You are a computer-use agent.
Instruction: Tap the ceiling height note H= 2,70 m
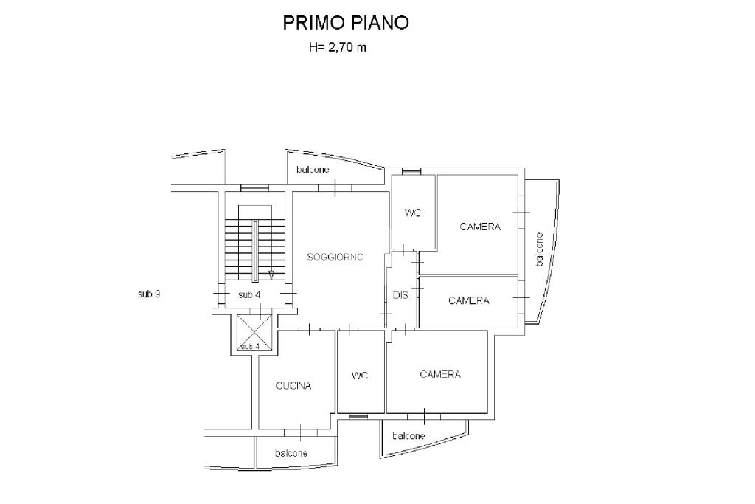(336, 49)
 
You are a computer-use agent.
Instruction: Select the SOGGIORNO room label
(335, 257)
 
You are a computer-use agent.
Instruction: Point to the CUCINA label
(293, 386)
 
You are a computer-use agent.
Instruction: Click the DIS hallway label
(400, 295)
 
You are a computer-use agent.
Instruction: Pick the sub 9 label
(149, 294)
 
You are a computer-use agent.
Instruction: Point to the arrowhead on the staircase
(271, 275)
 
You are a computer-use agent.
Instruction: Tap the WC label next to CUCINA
(360, 376)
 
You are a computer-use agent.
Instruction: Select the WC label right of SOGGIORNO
(413, 213)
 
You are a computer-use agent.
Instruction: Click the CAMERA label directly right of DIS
(469, 300)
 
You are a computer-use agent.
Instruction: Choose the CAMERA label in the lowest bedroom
(440, 375)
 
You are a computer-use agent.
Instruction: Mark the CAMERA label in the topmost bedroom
(480, 227)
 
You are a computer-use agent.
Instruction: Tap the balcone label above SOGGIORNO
(313, 170)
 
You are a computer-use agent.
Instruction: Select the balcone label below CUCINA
(291, 453)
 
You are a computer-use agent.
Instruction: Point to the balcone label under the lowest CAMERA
(408, 436)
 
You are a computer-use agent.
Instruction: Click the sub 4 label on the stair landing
(249, 295)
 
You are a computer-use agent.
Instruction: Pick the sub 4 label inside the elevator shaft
(251, 346)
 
